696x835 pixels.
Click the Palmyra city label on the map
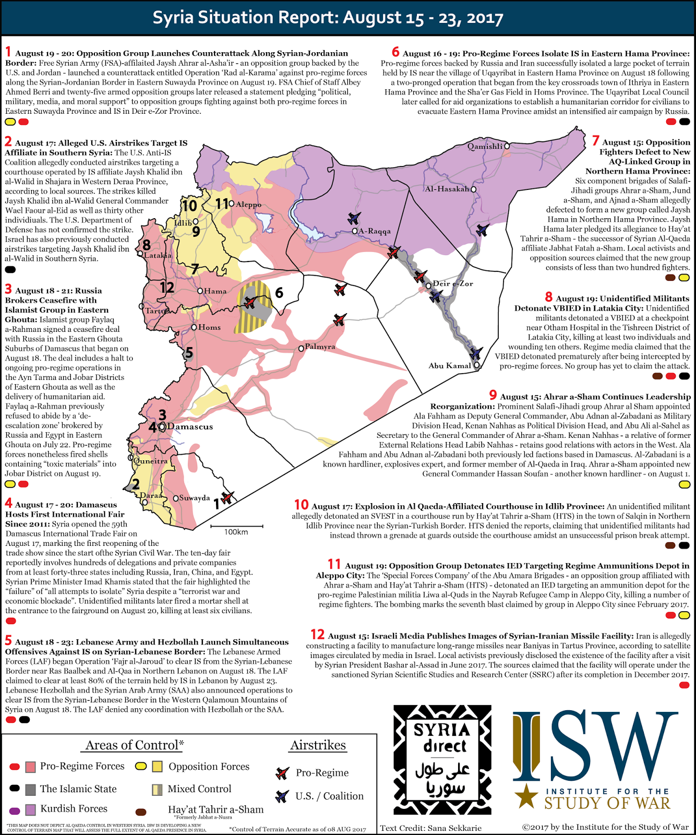coord(320,347)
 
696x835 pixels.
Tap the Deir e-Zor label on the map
coord(453,283)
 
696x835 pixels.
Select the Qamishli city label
coord(485,146)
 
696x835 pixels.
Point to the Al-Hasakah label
coord(447,189)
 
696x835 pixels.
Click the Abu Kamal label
coord(450,365)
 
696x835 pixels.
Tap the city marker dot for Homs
coord(194,327)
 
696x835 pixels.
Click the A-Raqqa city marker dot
coord(355,231)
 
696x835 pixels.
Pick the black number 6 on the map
coord(279,293)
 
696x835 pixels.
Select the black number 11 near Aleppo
coord(222,204)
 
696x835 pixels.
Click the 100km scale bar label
coord(236,532)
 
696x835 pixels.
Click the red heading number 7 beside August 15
coord(595,141)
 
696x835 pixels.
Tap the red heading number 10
coord(301,505)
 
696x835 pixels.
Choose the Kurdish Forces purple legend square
coord(31,809)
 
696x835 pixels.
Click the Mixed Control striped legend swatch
coord(157,789)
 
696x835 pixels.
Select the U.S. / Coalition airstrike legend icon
coord(282,796)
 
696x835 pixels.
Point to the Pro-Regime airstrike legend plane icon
coord(282,773)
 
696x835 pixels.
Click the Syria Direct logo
coord(442,759)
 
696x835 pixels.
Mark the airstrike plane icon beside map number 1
coord(227,497)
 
